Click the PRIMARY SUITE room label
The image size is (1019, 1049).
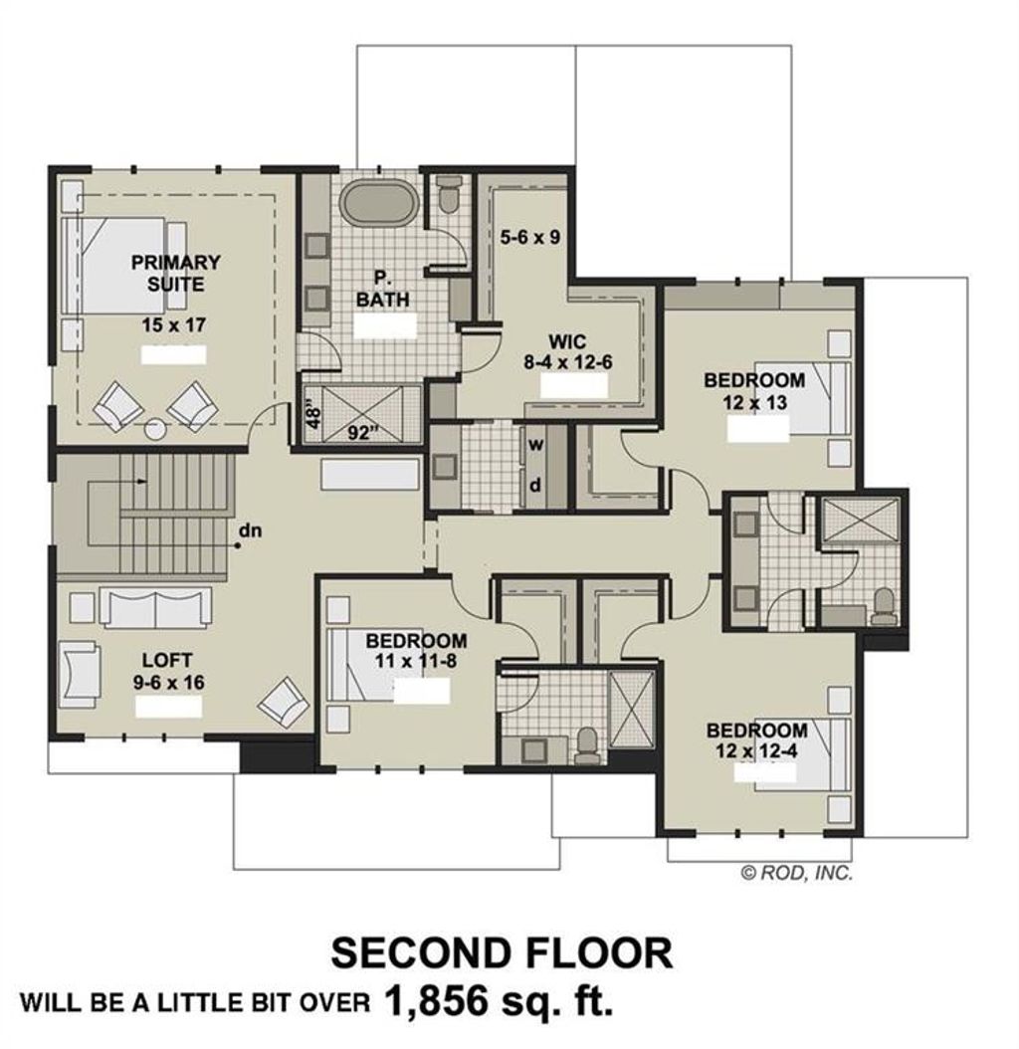point(175,274)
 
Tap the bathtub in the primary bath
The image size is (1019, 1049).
point(379,203)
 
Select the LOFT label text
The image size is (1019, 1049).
point(167,660)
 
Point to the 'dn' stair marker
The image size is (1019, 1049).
point(250,530)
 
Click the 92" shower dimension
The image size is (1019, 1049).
point(365,433)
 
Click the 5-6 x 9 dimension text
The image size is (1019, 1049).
point(530,238)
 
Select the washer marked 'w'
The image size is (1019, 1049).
point(534,445)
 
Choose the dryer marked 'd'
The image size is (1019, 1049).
point(534,486)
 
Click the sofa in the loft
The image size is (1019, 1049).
point(156,606)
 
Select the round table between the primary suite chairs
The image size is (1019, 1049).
point(156,430)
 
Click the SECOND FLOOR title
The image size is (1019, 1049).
point(502,952)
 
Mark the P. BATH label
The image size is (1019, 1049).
point(383,290)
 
